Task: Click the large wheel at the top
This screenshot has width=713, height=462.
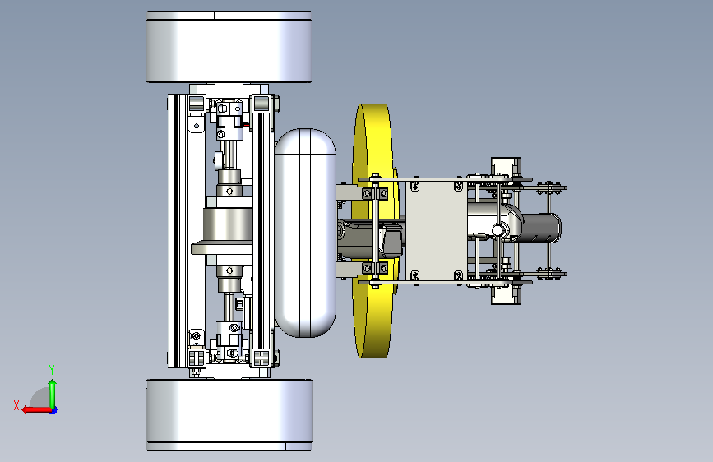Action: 229,47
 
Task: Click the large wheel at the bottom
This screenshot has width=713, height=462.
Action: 229,414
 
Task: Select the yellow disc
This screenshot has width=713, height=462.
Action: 373,230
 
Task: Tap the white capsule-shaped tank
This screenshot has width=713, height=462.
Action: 305,233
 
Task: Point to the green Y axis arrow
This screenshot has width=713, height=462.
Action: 53,394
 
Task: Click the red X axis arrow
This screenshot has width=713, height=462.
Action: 36,410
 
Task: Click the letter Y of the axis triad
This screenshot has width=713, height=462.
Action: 52,370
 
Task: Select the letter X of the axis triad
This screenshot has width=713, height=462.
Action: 16,405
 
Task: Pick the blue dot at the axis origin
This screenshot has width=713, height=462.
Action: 53,410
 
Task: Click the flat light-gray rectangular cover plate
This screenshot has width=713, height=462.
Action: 437,230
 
